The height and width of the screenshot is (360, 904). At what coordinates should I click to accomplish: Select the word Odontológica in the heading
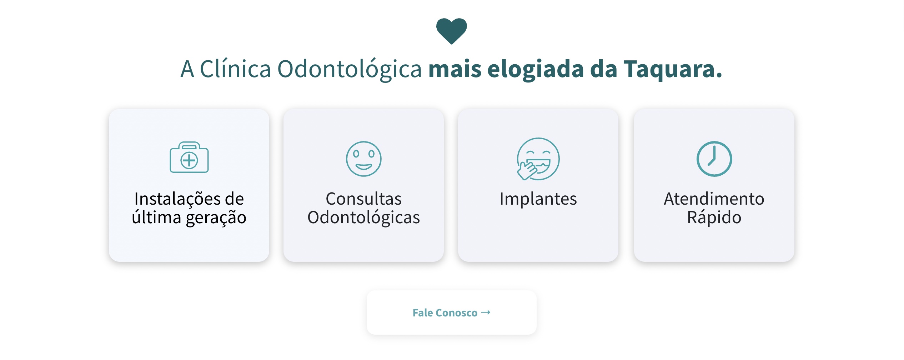click(x=350, y=69)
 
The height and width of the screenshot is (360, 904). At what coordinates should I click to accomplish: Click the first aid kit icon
click(x=189, y=157)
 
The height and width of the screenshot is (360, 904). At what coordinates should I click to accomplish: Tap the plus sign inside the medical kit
click(x=189, y=160)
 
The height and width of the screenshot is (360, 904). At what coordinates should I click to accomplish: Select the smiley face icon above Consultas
click(x=364, y=159)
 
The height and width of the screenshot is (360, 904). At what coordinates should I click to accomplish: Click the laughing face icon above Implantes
click(x=538, y=159)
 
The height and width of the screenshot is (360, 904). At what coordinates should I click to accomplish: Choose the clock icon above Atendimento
click(x=714, y=159)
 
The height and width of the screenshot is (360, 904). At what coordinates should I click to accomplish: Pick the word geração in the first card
click(x=216, y=218)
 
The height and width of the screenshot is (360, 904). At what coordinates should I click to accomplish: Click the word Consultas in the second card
click(x=364, y=199)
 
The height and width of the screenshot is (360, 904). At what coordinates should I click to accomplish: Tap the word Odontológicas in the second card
click(x=364, y=217)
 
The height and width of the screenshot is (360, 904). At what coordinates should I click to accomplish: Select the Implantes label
click(x=538, y=199)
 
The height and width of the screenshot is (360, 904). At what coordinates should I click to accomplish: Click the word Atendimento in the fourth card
click(x=714, y=199)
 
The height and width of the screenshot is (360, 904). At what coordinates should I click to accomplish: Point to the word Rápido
click(x=714, y=217)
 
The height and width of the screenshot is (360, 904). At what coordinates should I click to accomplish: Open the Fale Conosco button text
click(x=445, y=313)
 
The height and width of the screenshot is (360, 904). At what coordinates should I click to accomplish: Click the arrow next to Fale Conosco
click(x=486, y=312)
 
